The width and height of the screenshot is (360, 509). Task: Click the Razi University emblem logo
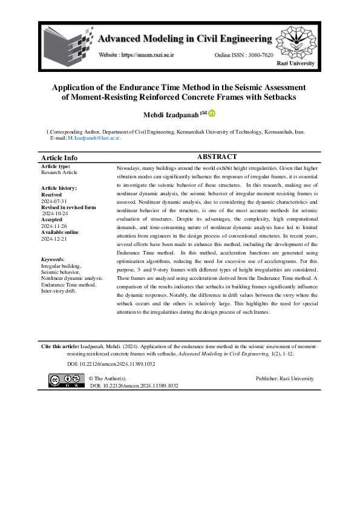tap(296, 42)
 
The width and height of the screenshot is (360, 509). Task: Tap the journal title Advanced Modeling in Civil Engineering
tap(185, 39)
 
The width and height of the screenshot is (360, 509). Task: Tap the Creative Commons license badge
tap(67, 380)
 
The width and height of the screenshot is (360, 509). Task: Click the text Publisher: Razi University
tap(284, 378)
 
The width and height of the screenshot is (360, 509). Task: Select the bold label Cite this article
tap(60, 348)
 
